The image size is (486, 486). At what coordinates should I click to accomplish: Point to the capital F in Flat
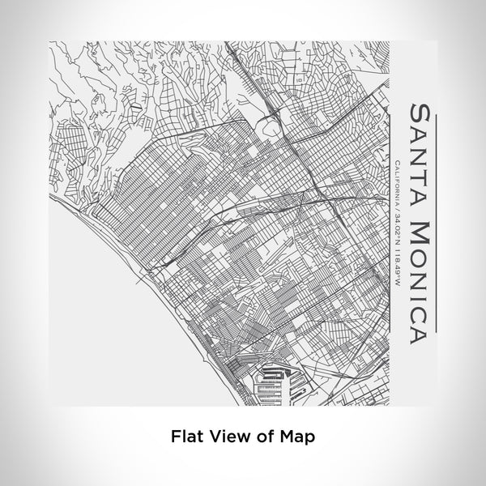(175, 436)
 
